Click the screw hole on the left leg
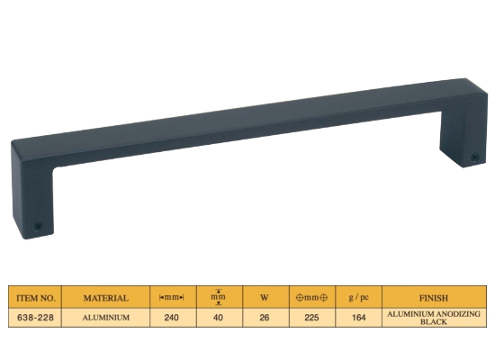click(39, 226)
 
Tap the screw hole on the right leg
click(475, 157)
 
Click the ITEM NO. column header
click(36, 298)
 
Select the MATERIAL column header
click(106, 298)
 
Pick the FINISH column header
click(434, 298)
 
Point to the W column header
click(265, 298)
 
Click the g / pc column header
click(358, 298)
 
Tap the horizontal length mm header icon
click(171, 298)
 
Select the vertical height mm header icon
click(218, 297)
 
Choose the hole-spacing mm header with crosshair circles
click(311, 298)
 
